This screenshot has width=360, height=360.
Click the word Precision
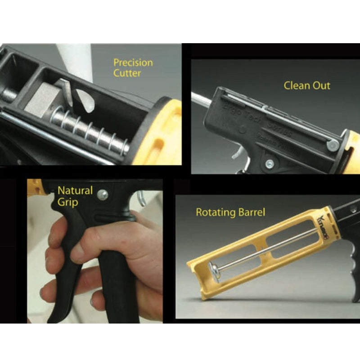pyautogui.click(x=133, y=63)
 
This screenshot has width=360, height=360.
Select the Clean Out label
pyautogui.click(x=307, y=85)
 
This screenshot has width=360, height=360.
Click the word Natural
pyautogui.click(x=75, y=190)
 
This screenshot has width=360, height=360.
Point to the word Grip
pyautogui.click(x=67, y=202)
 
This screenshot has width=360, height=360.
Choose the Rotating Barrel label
pyautogui.click(x=230, y=212)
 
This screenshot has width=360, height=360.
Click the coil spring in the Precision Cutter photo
pyautogui.click(x=90, y=131)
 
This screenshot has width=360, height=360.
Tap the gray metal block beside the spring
pyautogui.click(x=42, y=100)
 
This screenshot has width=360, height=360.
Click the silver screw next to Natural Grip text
pyautogui.click(x=103, y=194)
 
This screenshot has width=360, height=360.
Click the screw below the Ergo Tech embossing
pyautogui.click(x=269, y=163)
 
